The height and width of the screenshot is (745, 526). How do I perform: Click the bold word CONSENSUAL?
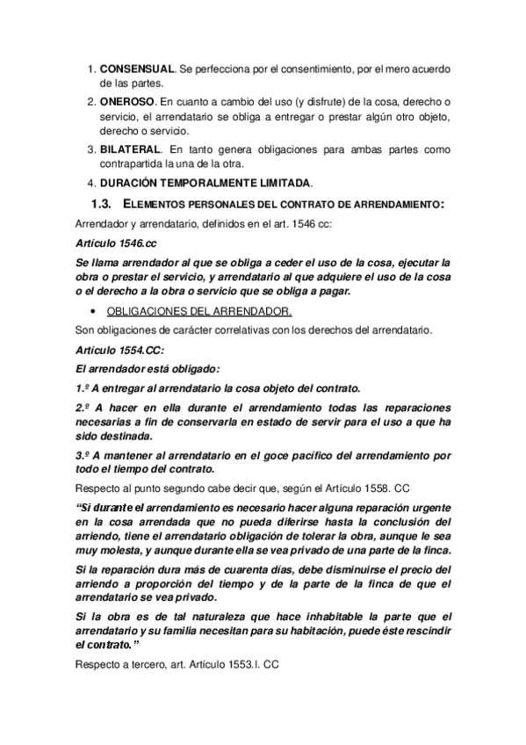(x=138, y=68)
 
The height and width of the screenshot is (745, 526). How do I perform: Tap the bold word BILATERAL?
(x=131, y=148)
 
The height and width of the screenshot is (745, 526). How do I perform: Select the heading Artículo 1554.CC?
(x=116, y=349)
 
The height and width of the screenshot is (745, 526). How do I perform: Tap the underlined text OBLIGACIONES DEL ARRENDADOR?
(x=198, y=311)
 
